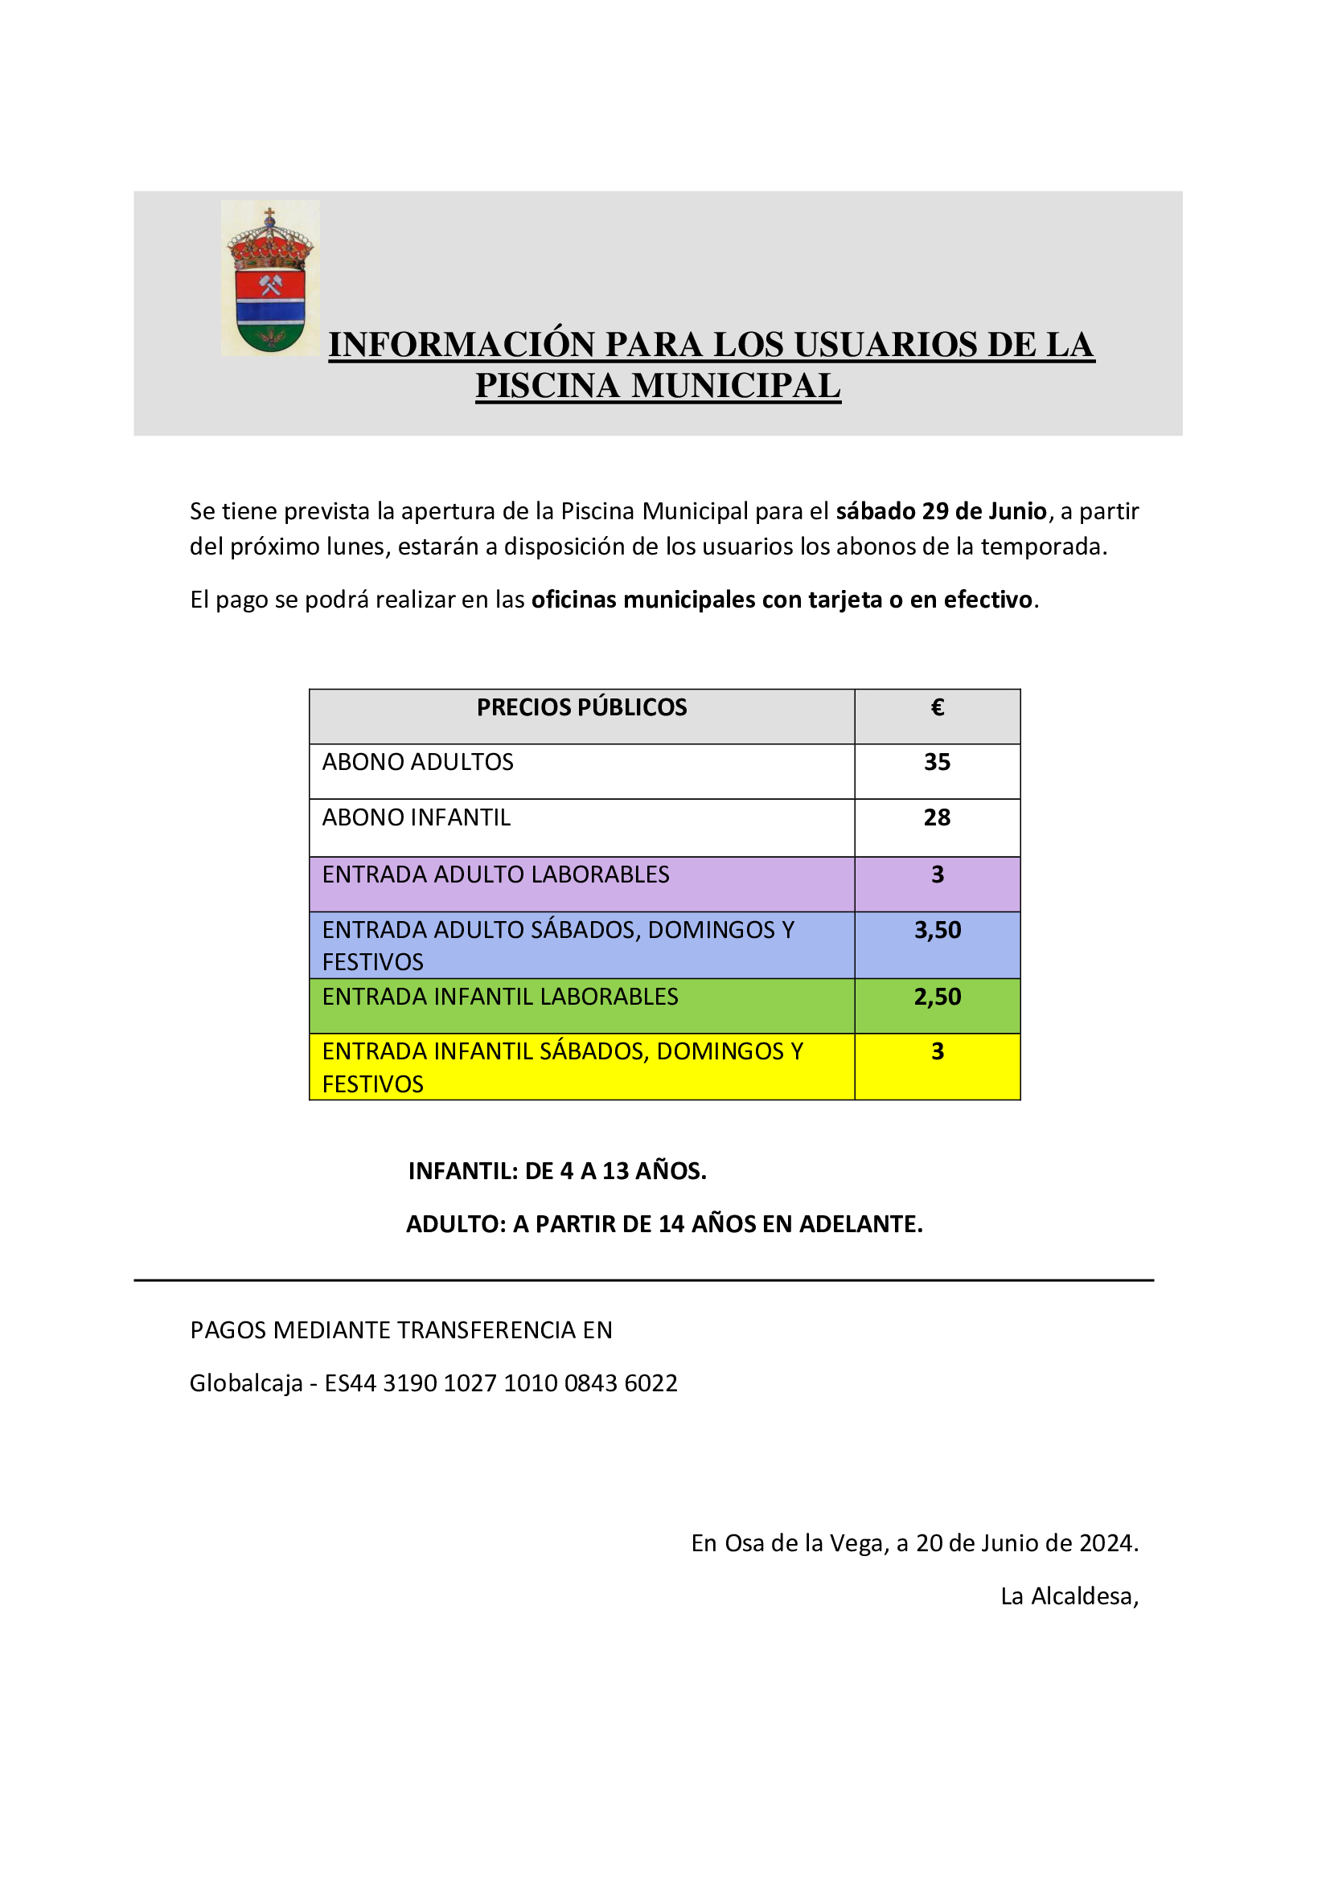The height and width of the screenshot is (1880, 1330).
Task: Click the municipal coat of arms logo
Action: pos(269,278)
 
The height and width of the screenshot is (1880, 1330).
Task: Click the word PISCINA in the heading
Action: pos(547,386)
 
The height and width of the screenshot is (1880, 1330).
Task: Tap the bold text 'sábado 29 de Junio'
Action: pos(941,511)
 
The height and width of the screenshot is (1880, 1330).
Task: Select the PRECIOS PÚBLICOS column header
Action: pos(581,707)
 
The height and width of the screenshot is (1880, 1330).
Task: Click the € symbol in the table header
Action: pos(938,707)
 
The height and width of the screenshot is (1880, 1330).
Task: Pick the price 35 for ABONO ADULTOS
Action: pos(937,762)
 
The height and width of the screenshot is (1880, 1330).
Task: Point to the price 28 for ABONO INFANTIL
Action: pos(937,817)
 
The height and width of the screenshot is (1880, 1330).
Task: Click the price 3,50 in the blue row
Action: pos(938,930)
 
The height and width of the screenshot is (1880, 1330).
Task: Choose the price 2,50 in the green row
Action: pos(938,997)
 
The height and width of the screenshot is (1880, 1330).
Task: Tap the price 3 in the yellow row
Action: pos(938,1051)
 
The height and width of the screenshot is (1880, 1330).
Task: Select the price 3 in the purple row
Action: pos(938,874)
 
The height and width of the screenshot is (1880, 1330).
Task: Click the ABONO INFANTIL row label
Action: pos(416,817)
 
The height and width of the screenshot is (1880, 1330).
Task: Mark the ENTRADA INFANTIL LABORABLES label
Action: pos(499,997)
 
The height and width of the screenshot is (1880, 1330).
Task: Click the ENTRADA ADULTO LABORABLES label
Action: pos(495,874)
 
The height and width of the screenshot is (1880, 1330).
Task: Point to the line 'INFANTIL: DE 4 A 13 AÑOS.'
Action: pos(557,1171)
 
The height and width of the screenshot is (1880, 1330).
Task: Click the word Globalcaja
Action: pos(246,1383)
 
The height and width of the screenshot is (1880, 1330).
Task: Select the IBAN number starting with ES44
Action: pos(501,1383)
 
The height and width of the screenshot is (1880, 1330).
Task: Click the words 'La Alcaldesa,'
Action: pos(1069,1597)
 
